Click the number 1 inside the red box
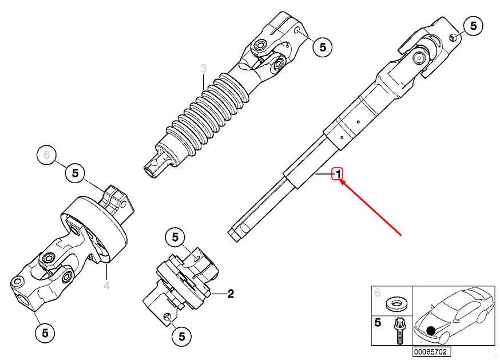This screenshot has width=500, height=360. pos(338,173)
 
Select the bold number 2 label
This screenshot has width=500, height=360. pos(231,294)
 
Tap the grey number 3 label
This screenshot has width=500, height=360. pos(203,69)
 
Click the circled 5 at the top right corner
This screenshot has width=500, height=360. pos(473,26)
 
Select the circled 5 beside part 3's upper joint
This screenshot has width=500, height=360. pos(322,48)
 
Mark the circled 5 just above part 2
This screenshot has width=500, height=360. pos(175,237)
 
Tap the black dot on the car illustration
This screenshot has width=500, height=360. pos(431,331)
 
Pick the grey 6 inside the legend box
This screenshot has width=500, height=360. pos(377,292)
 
